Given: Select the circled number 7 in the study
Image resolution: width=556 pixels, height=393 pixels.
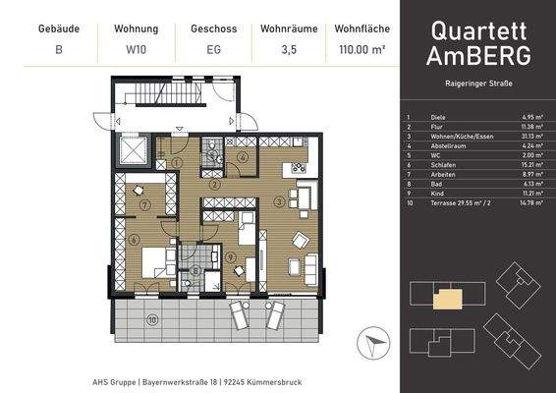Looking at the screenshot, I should tap(144, 205).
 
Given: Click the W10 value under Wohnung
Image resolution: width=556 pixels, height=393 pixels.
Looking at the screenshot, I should tap(138, 47).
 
